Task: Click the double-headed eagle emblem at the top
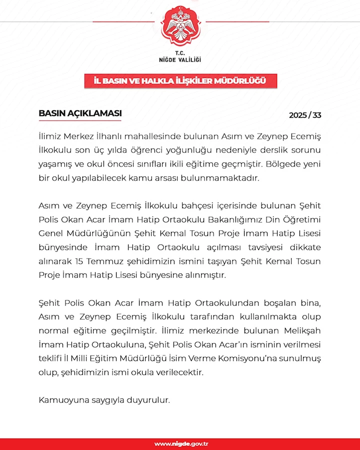180,27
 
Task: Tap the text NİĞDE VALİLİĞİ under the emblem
180,59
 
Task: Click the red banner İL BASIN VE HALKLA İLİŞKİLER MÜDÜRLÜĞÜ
180,81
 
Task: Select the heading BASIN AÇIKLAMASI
80,113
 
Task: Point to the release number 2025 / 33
305,115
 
